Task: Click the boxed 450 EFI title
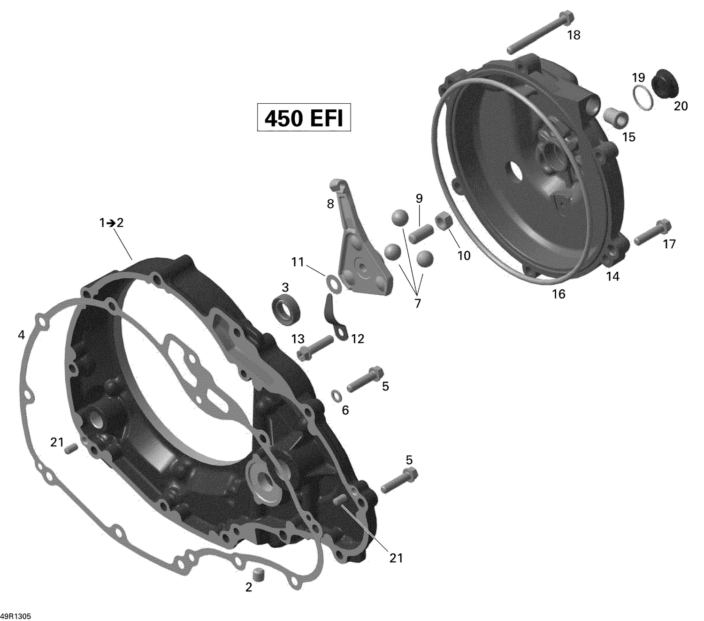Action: (x=304, y=118)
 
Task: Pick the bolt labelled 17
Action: (x=652, y=233)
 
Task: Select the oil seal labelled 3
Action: (x=285, y=309)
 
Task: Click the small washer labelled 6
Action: (x=337, y=396)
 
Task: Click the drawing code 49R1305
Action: (x=15, y=616)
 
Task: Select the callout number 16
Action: (x=559, y=294)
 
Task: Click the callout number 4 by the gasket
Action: (x=21, y=335)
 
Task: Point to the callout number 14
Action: (x=612, y=276)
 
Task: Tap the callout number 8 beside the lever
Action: (x=330, y=204)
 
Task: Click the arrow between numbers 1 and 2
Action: (x=111, y=223)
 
